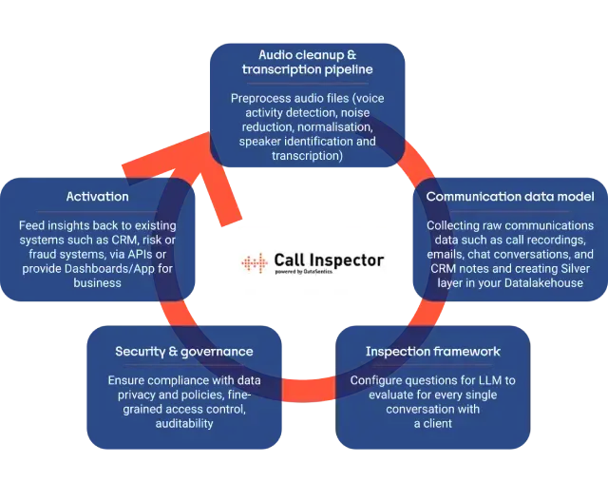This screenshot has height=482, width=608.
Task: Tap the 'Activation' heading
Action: [x=98, y=197]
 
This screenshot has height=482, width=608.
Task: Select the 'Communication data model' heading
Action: [x=510, y=197]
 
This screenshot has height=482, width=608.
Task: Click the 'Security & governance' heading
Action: [x=184, y=352]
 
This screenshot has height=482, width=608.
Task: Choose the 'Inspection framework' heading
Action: [x=432, y=352]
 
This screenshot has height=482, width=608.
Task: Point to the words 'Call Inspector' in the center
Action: [x=329, y=259]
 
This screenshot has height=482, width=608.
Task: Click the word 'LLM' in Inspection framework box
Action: [x=484, y=380]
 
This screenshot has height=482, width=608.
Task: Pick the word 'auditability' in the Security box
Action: [x=184, y=423]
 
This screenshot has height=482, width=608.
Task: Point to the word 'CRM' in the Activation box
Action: [x=137, y=240]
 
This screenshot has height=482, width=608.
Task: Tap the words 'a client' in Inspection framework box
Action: [x=432, y=423]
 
